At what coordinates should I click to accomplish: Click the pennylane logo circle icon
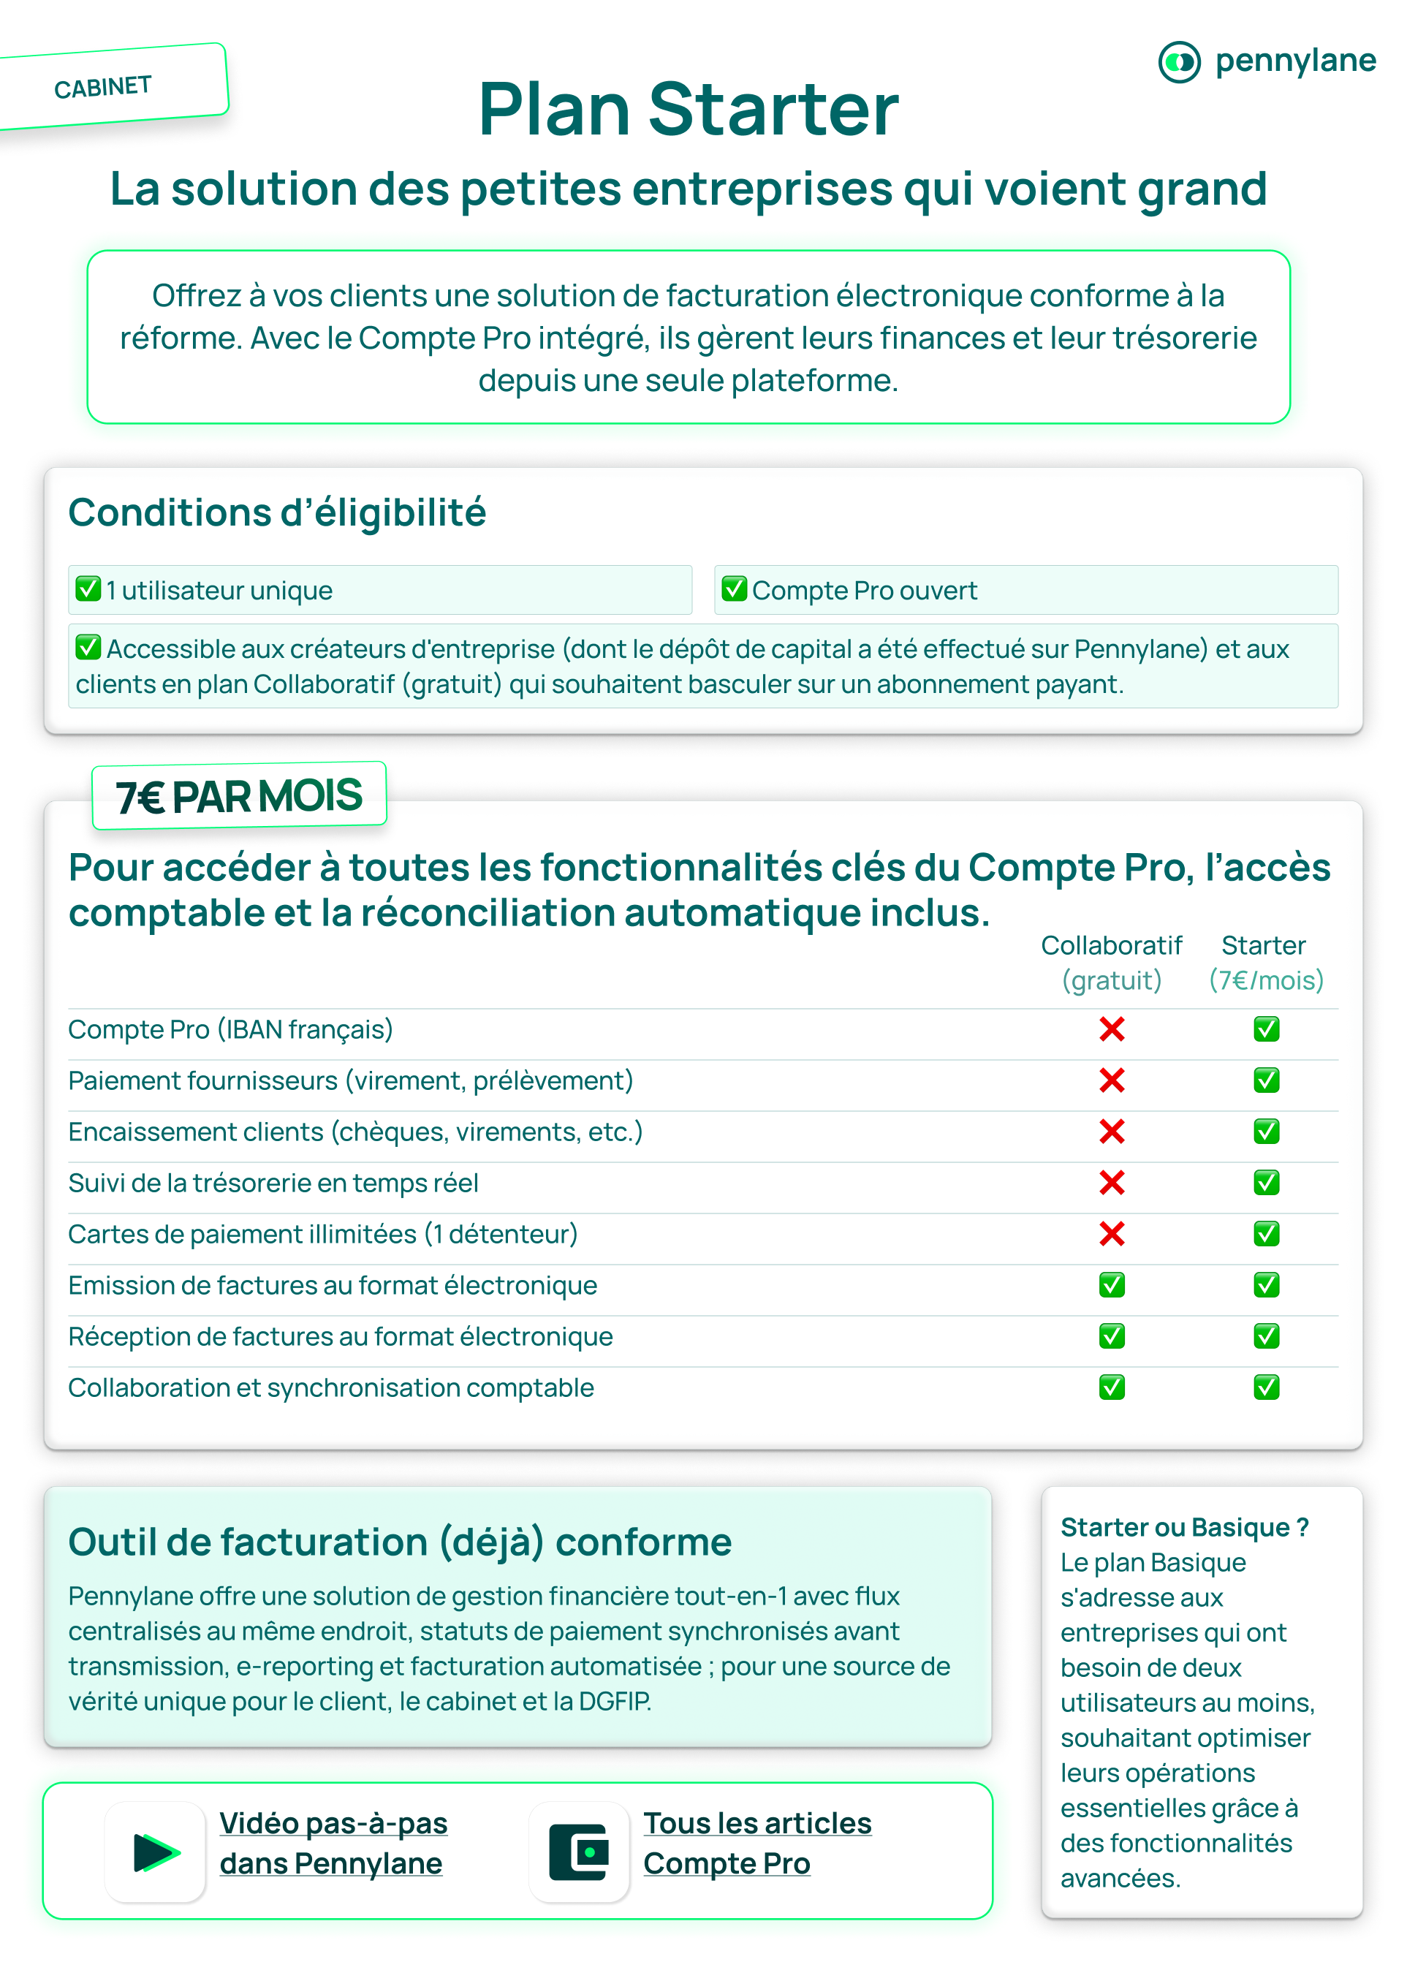[x=1179, y=62]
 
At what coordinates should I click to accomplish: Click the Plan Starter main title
[x=689, y=110]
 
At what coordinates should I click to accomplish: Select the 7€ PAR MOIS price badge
[x=239, y=796]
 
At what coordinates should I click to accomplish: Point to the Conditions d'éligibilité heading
[x=277, y=513]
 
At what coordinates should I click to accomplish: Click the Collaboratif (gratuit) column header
[x=1111, y=962]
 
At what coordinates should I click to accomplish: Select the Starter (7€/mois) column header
[x=1265, y=962]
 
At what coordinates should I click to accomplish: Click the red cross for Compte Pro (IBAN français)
[x=1111, y=1029]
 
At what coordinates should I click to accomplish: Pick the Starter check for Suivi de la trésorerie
[x=1266, y=1183]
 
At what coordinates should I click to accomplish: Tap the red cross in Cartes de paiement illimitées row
[x=1111, y=1234]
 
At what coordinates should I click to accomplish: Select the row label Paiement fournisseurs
[x=350, y=1080]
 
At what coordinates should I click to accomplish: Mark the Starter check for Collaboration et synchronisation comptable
[x=1266, y=1387]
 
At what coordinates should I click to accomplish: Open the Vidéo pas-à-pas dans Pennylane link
[x=333, y=1843]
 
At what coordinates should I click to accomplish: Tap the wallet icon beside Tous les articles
[x=579, y=1852]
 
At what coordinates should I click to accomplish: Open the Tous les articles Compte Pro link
[x=756, y=1843]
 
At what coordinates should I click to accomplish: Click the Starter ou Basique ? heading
[x=1184, y=1528]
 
